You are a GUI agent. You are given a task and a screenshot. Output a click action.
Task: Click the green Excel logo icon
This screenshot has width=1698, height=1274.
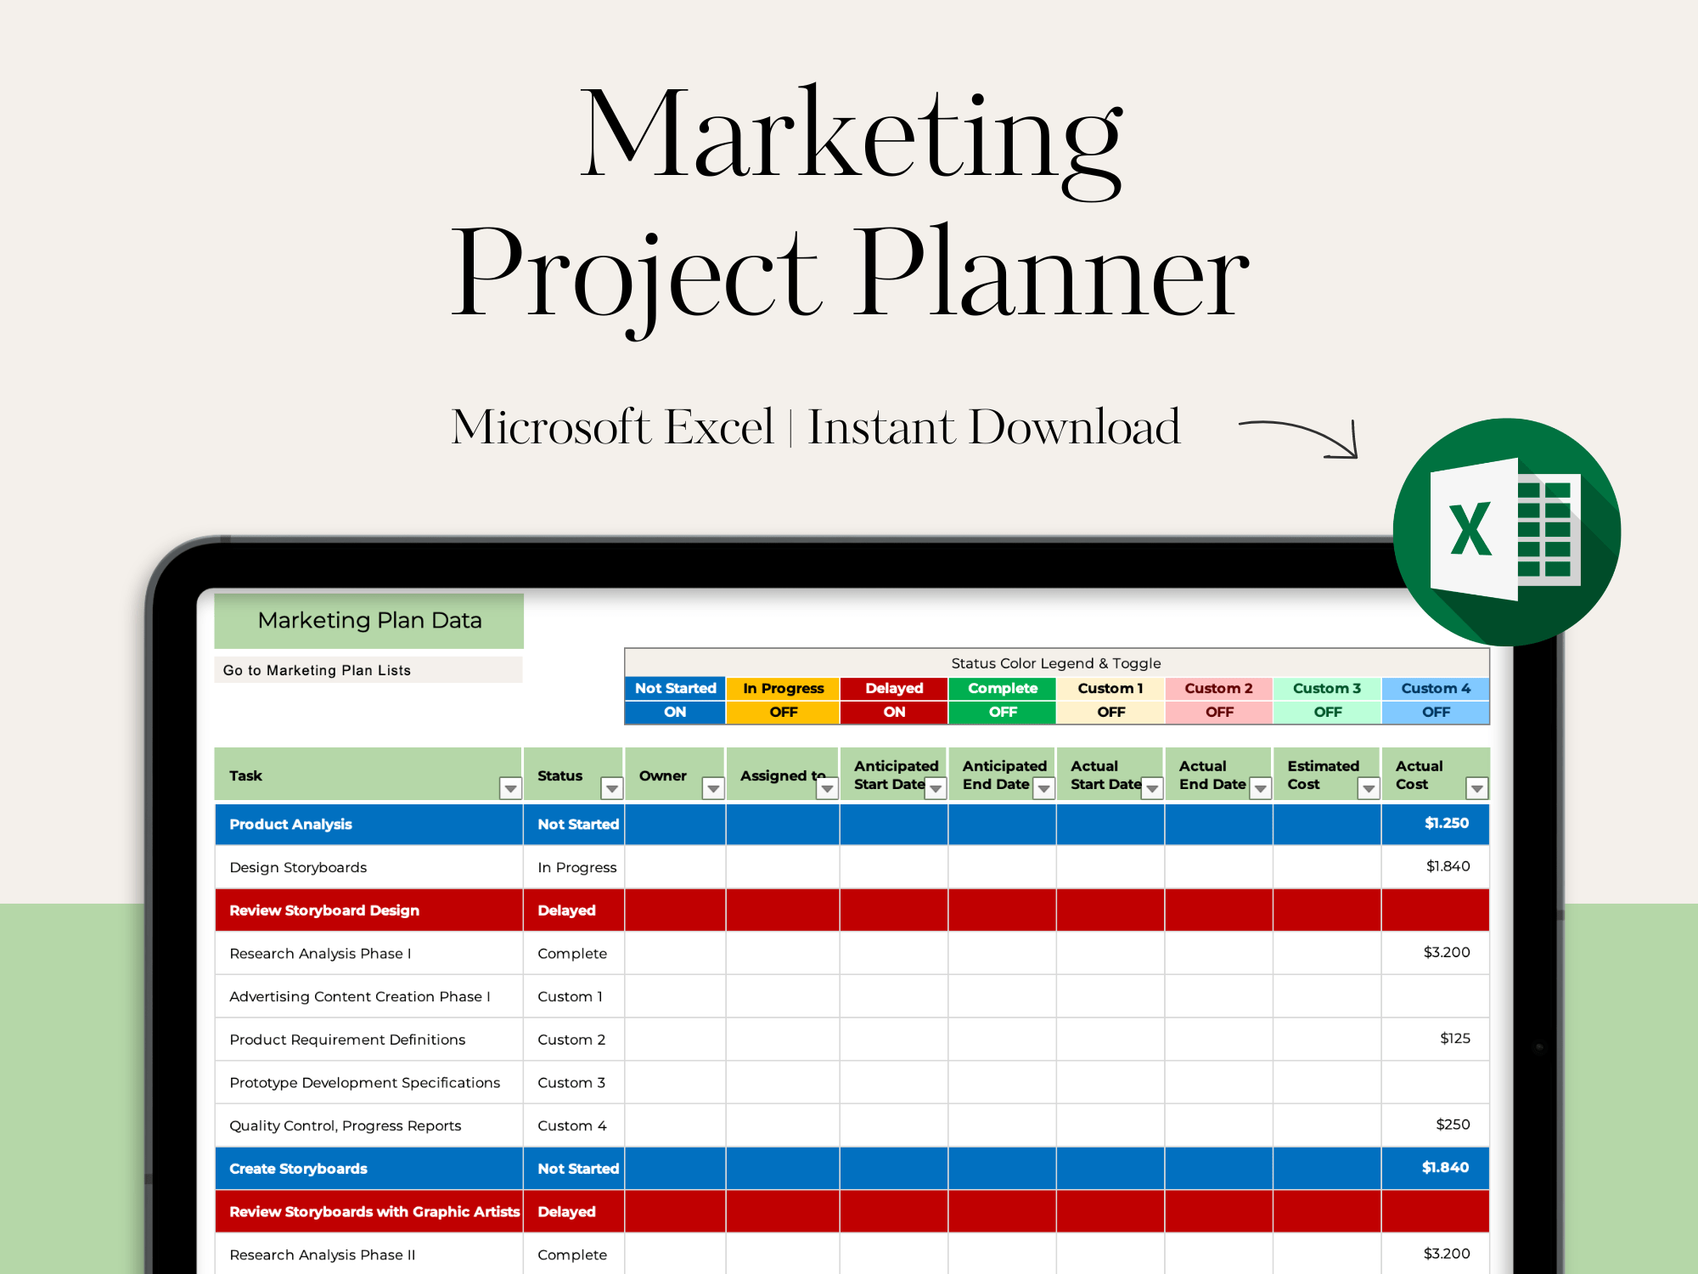(x=1507, y=532)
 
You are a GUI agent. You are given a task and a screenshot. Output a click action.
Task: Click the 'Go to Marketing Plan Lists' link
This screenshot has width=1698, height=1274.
(x=317, y=670)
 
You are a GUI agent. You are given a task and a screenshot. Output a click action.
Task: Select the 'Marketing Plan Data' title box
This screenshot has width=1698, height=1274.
(x=369, y=621)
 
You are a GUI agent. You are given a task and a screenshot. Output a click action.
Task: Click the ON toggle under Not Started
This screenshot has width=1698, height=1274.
(x=675, y=712)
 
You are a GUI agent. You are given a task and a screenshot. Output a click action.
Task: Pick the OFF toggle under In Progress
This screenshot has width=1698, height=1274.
(x=783, y=712)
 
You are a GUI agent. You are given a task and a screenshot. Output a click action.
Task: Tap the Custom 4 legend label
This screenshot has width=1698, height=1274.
(x=1436, y=688)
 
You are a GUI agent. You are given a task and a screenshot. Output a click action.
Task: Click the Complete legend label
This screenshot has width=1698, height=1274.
(x=1003, y=688)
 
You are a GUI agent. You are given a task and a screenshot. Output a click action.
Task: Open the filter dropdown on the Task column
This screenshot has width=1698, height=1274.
(x=510, y=789)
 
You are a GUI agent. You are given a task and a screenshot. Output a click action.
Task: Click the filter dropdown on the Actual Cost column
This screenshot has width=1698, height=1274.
(x=1477, y=789)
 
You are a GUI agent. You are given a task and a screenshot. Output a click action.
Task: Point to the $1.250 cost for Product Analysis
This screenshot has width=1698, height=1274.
(x=1447, y=823)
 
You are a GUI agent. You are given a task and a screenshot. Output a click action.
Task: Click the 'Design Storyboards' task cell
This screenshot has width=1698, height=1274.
(x=298, y=867)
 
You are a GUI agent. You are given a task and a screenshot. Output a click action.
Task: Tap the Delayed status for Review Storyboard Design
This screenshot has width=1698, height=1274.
(x=566, y=910)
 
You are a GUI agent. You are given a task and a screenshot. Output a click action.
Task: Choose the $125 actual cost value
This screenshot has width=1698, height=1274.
(x=1455, y=1038)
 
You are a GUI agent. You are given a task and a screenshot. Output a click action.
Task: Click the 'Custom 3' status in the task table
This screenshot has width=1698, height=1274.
(x=571, y=1083)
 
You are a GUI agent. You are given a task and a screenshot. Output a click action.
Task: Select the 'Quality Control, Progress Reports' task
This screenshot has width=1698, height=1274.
(x=345, y=1126)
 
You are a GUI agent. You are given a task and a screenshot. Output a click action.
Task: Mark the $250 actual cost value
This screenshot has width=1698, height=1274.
(x=1453, y=1125)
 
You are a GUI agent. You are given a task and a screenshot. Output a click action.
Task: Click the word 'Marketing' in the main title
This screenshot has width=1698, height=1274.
(x=852, y=136)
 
